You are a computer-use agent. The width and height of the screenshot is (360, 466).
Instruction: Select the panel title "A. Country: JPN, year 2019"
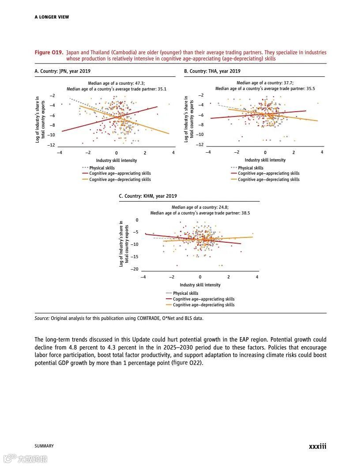pos(63,71)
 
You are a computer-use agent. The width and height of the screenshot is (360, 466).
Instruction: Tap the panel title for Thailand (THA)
pos(212,71)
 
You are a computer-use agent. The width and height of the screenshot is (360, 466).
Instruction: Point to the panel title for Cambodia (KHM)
pos(148,196)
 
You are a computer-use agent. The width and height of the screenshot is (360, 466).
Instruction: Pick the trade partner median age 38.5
pos(245,213)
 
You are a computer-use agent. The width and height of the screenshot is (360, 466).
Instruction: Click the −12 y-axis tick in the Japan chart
pos(52,145)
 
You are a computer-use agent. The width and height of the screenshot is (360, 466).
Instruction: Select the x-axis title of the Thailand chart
pos(265,160)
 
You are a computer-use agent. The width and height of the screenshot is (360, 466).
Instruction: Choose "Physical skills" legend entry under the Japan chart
pos(102,168)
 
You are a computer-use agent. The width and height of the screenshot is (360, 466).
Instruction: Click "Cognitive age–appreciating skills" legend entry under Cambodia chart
pos(203,299)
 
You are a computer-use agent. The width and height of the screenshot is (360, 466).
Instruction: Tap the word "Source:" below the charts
pos(42,318)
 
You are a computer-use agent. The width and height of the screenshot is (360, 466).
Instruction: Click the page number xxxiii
pos(317,446)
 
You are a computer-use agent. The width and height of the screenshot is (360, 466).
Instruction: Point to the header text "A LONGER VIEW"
pos(52,17)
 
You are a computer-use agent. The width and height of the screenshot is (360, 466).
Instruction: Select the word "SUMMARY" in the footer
pos(44,446)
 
